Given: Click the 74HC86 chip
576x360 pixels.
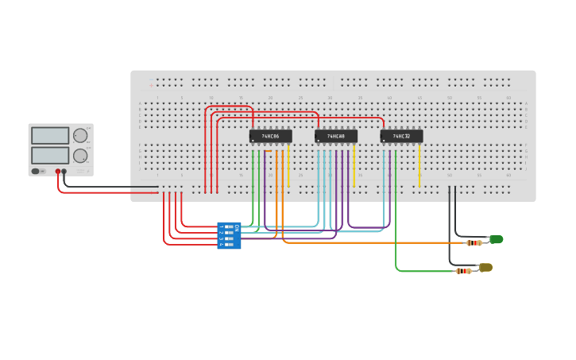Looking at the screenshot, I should click(270, 136).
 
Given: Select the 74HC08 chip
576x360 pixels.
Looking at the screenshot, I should click(335, 136).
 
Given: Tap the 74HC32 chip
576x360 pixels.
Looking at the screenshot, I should click(401, 136).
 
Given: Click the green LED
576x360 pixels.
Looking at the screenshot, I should click(496, 239).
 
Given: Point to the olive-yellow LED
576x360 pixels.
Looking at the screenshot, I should click(485, 268).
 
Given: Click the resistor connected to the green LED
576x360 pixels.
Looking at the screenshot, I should click(474, 242).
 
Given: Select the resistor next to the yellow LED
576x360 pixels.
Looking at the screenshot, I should click(462, 271).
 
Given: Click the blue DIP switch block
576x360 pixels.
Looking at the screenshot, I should click(229, 236).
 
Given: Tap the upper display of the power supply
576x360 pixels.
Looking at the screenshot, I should click(50, 136).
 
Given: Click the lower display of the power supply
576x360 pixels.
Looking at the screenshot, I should click(50, 155).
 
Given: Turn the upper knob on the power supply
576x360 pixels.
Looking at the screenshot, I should click(80, 136).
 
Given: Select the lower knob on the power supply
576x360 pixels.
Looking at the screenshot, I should click(80, 156).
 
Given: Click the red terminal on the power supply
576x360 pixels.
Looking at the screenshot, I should click(58, 172).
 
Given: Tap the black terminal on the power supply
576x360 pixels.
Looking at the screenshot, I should click(65, 172).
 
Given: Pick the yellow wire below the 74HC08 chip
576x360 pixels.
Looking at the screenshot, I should click(354, 167).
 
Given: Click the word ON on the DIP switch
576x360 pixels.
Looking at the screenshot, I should click(237, 227).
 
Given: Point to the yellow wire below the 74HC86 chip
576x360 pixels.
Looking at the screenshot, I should click(288, 167).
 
